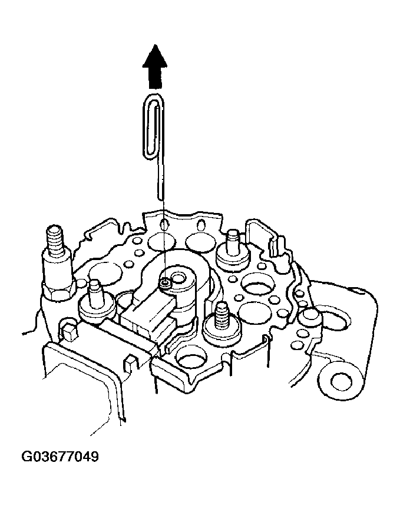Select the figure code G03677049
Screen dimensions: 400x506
tap(60, 457)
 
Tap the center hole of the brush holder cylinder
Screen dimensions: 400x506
tap(178, 277)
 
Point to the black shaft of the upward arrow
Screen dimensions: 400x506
tap(155, 78)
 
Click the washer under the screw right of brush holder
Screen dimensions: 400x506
tap(222, 332)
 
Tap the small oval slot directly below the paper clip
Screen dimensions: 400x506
tap(164, 224)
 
